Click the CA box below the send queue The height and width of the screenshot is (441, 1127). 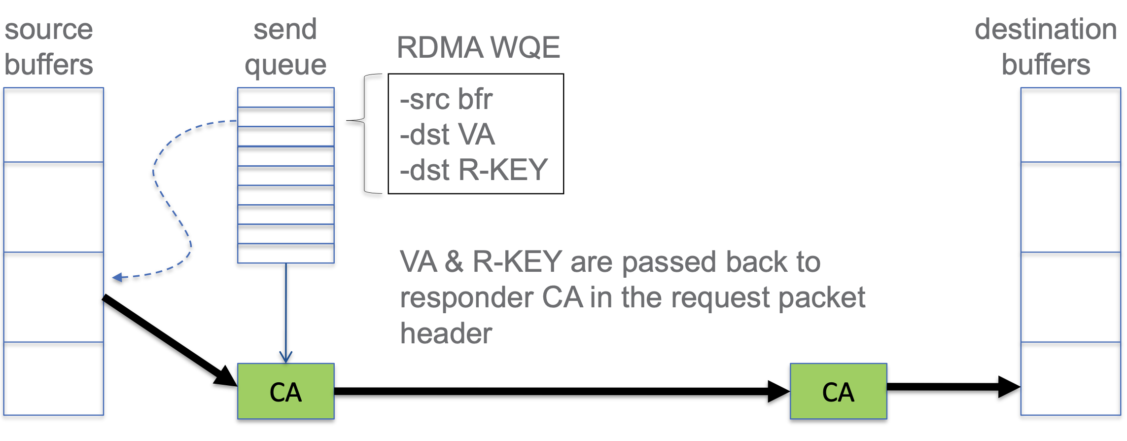285,392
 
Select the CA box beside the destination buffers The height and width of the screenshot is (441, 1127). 838,392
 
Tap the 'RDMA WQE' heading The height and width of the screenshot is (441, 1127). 478,47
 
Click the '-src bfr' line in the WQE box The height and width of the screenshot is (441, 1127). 446,99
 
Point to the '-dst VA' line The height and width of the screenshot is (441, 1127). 447,134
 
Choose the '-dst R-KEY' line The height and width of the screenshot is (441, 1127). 474,170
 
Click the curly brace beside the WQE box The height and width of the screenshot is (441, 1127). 365,133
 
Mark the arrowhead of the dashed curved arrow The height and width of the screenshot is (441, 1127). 117,278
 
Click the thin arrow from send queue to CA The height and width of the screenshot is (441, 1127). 286,311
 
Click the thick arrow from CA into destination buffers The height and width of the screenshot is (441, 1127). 951,387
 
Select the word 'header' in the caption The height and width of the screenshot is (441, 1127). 446,333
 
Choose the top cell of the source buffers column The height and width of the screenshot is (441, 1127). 54,125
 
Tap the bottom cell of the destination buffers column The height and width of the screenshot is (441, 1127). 1070,378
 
